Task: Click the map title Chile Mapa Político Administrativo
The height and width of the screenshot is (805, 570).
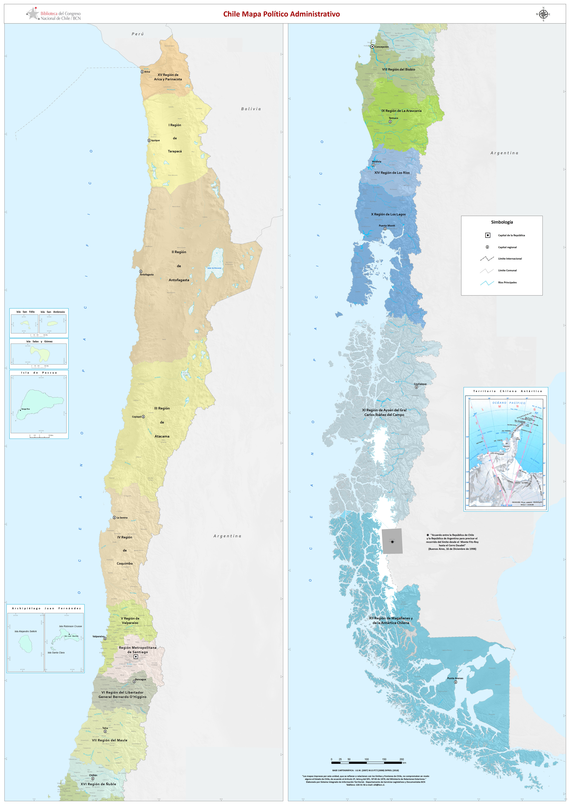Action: click(x=282, y=14)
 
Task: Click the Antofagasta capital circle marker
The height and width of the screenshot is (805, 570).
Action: click(x=141, y=271)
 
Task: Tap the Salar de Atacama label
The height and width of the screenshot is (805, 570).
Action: click(x=214, y=268)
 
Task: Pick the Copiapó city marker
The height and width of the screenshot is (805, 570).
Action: click(x=143, y=416)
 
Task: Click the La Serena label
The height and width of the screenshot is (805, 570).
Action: click(x=122, y=518)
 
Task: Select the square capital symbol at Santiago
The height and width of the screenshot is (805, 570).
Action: click(x=136, y=657)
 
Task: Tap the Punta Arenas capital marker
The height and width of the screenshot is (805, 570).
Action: click(x=456, y=682)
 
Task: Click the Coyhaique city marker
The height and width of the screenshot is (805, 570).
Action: click(x=417, y=387)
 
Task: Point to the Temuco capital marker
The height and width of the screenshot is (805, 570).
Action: click(x=390, y=122)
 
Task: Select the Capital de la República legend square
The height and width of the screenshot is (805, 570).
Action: click(x=487, y=235)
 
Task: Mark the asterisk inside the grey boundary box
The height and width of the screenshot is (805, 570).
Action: click(x=392, y=542)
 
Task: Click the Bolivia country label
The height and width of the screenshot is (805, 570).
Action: click(x=251, y=109)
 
